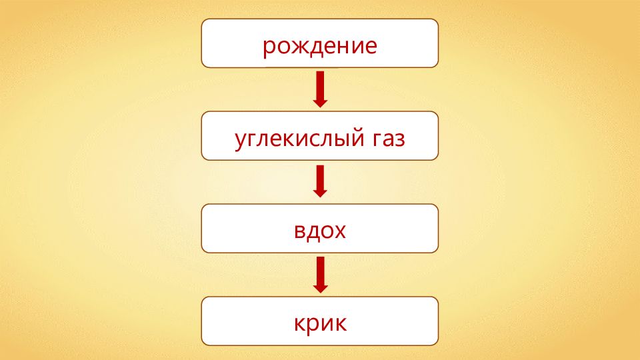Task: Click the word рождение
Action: pos(319,47)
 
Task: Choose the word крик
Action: pos(320,324)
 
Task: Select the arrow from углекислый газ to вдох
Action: pos(320,181)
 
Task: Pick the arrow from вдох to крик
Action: pos(320,274)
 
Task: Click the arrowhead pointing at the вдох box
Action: pos(320,191)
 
